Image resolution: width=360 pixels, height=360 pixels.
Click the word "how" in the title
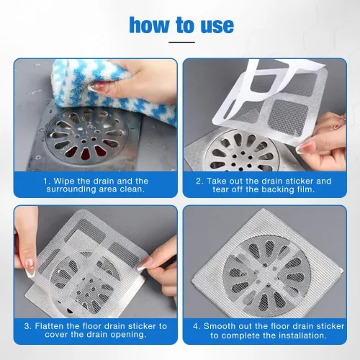tap(149, 25)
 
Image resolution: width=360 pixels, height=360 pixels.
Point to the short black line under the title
tap(181, 42)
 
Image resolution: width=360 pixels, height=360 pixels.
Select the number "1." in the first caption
tap(47, 181)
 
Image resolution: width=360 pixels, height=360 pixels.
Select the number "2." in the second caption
tap(199, 181)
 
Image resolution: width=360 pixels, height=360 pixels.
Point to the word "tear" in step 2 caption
tap(221, 189)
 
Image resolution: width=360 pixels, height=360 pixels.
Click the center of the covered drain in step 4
tap(267, 273)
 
